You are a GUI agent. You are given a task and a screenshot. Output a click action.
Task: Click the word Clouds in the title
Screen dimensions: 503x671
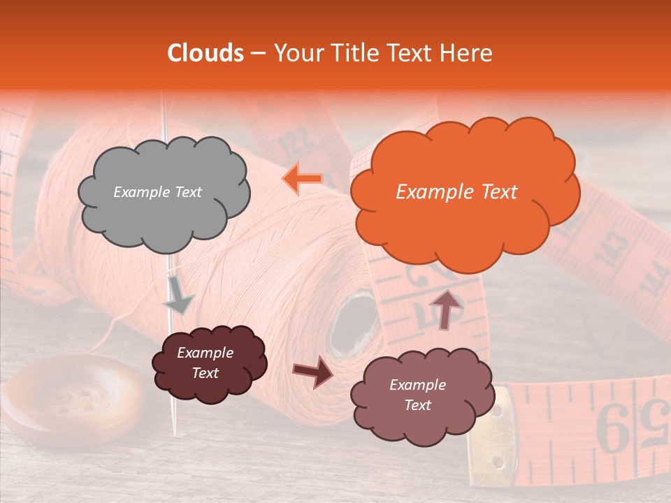(205, 53)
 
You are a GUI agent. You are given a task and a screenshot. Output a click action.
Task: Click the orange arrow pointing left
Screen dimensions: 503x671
(303, 178)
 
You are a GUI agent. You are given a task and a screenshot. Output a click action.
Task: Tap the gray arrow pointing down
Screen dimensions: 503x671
(178, 295)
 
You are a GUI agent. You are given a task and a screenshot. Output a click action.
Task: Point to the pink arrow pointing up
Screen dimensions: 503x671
(445, 308)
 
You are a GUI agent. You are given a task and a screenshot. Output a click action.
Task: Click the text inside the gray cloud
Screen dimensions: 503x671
(157, 192)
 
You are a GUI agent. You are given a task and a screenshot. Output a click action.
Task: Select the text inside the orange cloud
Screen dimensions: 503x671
(456, 192)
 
